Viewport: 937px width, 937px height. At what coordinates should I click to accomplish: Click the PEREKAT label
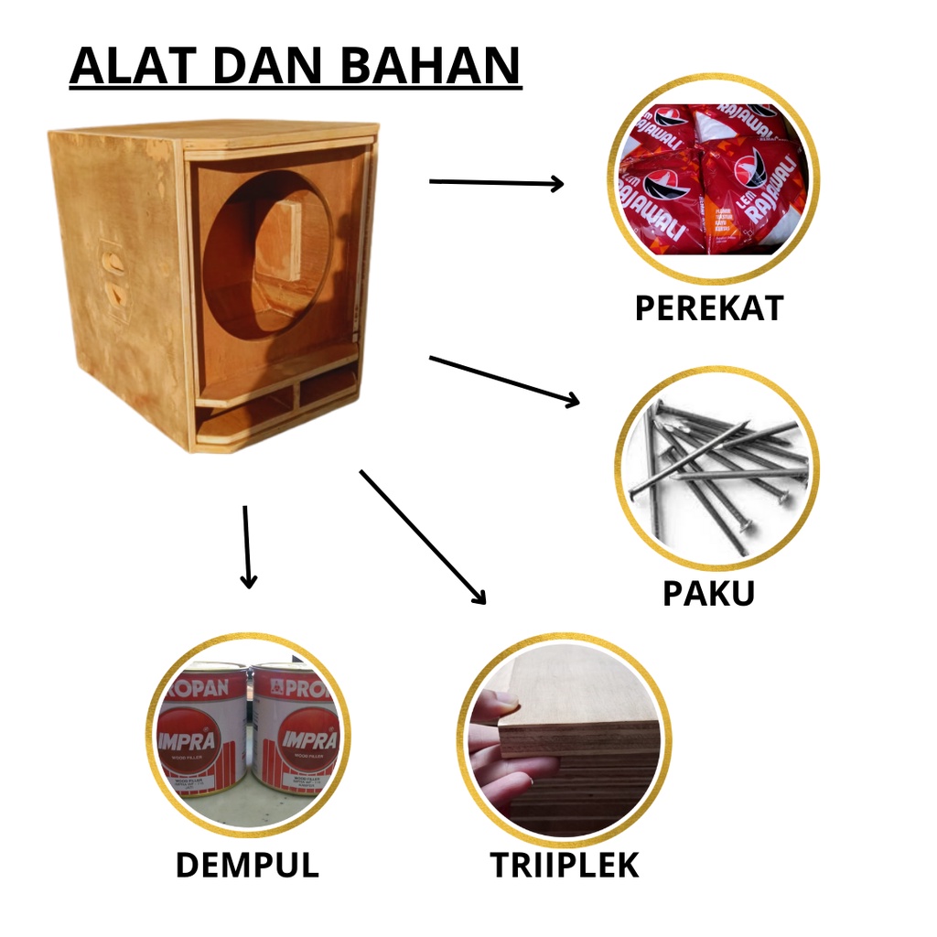(709, 308)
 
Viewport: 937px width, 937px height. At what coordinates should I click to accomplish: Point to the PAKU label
(708, 593)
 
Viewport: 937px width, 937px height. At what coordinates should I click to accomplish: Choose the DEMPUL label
(247, 865)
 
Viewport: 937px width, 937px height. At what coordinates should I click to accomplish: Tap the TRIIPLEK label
(564, 865)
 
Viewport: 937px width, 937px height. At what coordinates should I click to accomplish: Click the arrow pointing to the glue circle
(496, 183)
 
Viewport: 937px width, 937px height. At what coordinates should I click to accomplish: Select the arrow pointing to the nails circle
(504, 379)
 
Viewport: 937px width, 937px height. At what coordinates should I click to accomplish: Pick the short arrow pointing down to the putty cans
(247, 546)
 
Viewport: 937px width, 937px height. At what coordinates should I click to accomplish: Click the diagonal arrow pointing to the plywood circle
(423, 537)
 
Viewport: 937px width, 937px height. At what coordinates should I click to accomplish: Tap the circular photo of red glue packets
(713, 178)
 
